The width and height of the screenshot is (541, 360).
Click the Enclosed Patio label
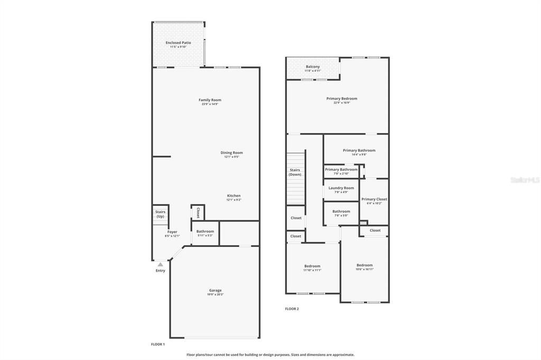[178, 43]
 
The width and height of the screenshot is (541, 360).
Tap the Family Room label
[210, 100]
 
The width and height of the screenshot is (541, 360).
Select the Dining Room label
[231, 153]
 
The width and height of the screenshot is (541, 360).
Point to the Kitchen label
[234, 195]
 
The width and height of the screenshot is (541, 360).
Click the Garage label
[215, 290]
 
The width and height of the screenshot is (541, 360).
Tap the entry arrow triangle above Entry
[160, 264]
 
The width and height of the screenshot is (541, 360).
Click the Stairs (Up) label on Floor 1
[160, 214]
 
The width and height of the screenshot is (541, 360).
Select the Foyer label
[172, 232]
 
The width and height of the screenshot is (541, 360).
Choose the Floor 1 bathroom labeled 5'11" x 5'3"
[205, 231]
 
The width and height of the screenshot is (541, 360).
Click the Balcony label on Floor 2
[313, 67]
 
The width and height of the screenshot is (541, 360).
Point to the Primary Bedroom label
[341, 99]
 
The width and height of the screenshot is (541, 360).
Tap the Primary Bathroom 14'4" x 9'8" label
[359, 150]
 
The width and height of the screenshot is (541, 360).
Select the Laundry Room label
[341, 188]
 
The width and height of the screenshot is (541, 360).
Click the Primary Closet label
[374, 199]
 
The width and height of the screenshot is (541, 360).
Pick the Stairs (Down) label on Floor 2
[295, 172]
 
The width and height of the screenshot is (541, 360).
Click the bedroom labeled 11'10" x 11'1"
[312, 266]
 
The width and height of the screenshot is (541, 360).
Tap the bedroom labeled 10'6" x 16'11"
[364, 265]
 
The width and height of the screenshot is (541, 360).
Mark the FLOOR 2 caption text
[292, 309]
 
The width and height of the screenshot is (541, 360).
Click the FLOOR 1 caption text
[158, 344]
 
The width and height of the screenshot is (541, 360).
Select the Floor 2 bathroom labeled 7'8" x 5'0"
[341, 211]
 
